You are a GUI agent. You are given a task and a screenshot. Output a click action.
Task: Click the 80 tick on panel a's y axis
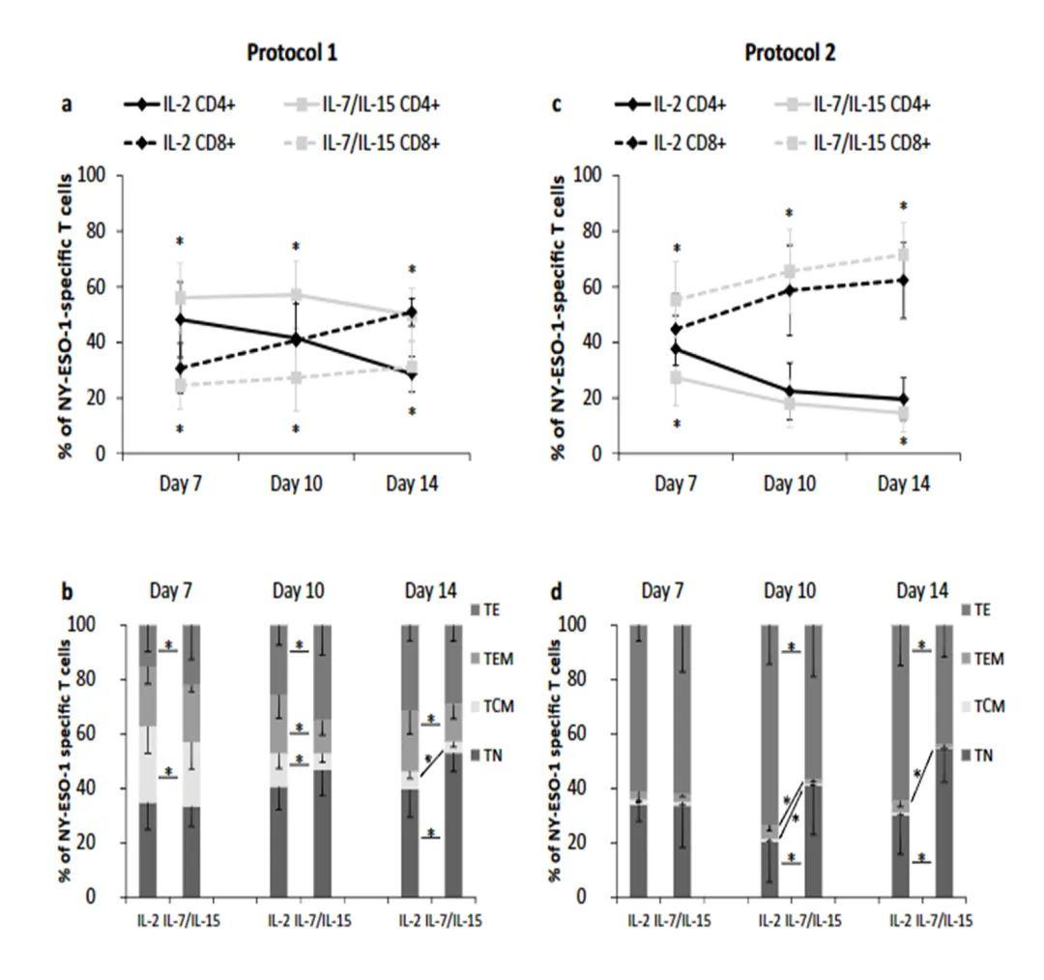97,231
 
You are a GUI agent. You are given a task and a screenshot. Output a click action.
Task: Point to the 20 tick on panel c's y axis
585,398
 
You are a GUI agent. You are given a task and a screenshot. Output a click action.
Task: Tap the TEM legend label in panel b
500,659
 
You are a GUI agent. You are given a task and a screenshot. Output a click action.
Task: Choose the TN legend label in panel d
987,754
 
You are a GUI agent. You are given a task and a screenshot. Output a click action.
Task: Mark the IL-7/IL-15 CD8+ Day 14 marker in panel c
904,254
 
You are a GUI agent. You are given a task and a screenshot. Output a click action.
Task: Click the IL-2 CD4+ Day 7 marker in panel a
180,319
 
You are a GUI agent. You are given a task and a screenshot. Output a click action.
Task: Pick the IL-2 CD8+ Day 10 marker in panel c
790,290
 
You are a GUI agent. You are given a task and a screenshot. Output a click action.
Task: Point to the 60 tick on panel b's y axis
101,733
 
